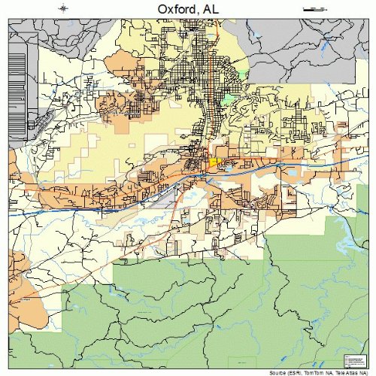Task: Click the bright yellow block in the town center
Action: (213, 161)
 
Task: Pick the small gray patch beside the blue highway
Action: (162, 199)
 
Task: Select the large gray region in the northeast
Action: (301, 53)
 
